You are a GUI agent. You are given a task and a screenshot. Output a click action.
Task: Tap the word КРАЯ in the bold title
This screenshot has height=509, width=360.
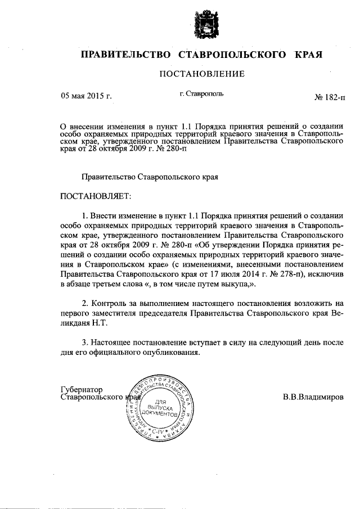coord(309,55)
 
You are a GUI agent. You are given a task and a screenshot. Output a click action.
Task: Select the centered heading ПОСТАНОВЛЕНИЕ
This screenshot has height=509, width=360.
coord(202,74)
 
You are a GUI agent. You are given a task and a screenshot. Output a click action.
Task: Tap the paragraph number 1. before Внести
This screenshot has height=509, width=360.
coord(85,215)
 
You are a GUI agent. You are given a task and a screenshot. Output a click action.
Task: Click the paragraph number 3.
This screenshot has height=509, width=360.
coord(85,343)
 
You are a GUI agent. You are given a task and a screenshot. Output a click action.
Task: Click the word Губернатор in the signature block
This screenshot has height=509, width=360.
coord(82,389)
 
